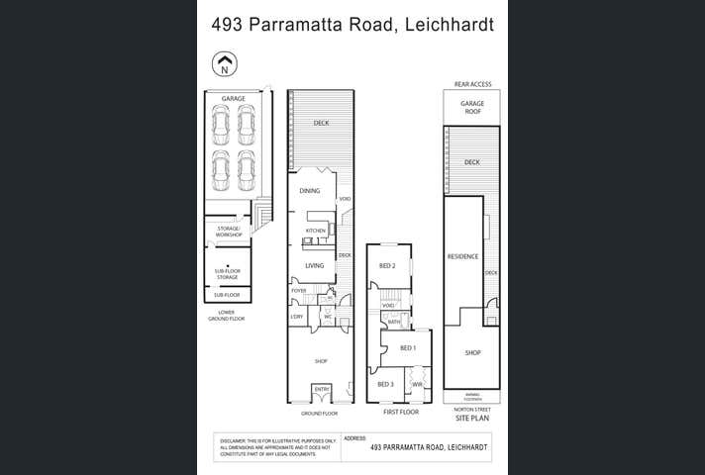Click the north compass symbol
tap(226, 65)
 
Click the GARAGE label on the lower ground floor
tap(233, 99)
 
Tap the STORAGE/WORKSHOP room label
tap(229, 233)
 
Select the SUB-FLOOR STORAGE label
tap(228, 274)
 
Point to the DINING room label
tap(309, 190)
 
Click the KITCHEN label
tap(315, 231)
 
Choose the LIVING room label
tap(314, 266)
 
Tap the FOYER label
tap(298, 291)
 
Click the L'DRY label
tap(296, 317)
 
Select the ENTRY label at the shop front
tap(322, 390)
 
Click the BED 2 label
tap(387, 266)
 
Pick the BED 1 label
tap(407, 348)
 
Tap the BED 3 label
tap(385, 384)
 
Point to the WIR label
tap(417, 384)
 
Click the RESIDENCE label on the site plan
tap(462, 256)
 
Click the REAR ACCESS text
tap(472, 84)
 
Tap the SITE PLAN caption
tap(472, 419)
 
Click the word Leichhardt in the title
tap(446, 24)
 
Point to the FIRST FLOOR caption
tap(401, 411)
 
